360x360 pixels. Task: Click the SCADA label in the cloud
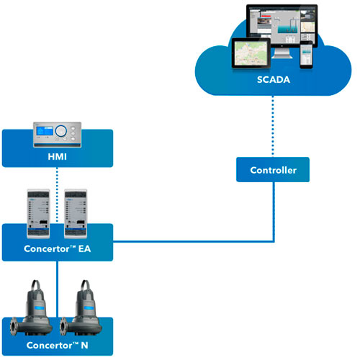point(274,80)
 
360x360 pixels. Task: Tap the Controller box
point(273,169)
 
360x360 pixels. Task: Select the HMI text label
point(57,157)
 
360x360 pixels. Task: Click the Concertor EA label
point(58,248)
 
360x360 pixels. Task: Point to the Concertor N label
point(58,345)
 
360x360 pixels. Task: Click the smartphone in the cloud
point(306,55)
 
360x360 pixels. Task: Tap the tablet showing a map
point(251,53)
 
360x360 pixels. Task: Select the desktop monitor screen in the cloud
point(282,25)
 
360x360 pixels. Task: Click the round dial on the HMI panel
point(60,131)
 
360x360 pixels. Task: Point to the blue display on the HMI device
point(45,131)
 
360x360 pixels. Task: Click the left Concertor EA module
point(38,214)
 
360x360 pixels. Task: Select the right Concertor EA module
point(76,214)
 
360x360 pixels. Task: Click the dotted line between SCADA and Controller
point(273,126)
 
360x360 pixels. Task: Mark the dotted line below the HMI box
point(57,195)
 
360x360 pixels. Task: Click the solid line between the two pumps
point(57,289)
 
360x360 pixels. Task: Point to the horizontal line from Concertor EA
point(193,241)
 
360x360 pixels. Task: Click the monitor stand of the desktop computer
point(282,53)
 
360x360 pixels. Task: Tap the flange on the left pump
point(14,326)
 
